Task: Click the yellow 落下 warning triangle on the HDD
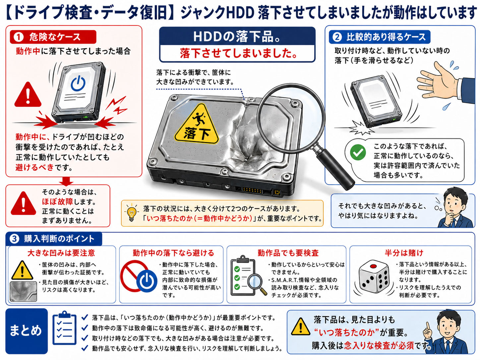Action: click(x=197, y=125)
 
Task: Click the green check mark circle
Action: click(x=358, y=152)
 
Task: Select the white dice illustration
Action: click(x=374, y=277)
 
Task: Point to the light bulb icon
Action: click(x=131, y=212)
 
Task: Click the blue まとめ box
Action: click(x=27, y=331)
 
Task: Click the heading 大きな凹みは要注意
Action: click(x=61, y=253)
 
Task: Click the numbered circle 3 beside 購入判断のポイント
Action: click(x=15, y=239)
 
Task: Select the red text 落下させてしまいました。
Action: click(x=239, y=53)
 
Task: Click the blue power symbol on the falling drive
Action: click(x=78, y=83)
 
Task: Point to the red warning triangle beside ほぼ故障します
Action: click(x=24, y=203)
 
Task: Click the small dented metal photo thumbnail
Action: click(x=24, y=291)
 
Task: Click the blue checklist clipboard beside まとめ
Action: click(x=65, y=328)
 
